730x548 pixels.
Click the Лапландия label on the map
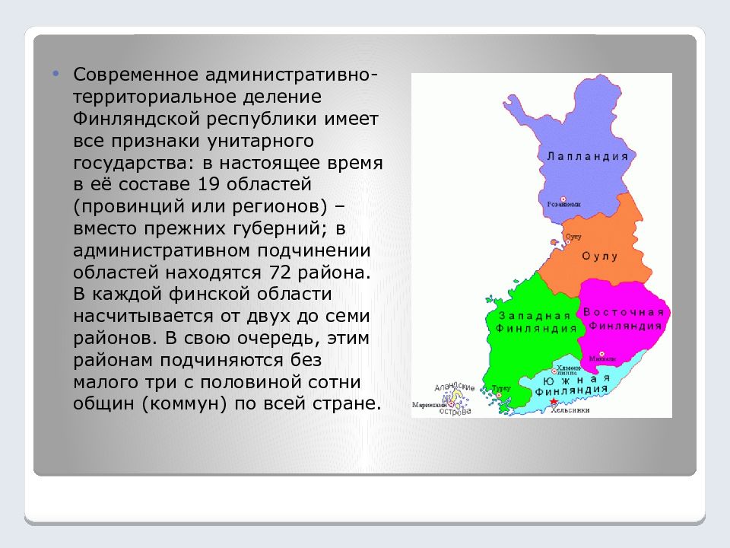pyautogui.click(x=587, y=155)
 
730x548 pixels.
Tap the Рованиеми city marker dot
pyautogui.click(x=562, y=202)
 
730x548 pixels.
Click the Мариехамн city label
pyautogui.click(x=430, y=404)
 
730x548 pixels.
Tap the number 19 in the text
pyautogui.click(x=208, y=184)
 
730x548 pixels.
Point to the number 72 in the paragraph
pyautogui.click(x=281, y=272)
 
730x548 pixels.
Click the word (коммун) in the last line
pyautogui.click(x=182, y=403)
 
